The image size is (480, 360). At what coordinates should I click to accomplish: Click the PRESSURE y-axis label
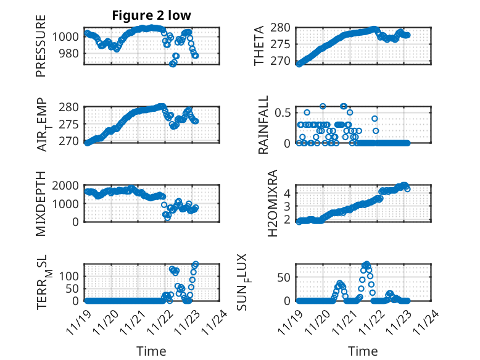pyautogui.click(x=41, y=49)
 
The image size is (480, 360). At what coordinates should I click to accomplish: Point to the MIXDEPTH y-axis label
pyautogui.click(x=41, y=202)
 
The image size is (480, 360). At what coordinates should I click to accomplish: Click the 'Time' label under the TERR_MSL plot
pyautogui.click(x=151, y=351)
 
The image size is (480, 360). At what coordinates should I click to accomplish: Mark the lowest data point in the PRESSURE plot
pyautogui.click(x=173, y=64)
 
